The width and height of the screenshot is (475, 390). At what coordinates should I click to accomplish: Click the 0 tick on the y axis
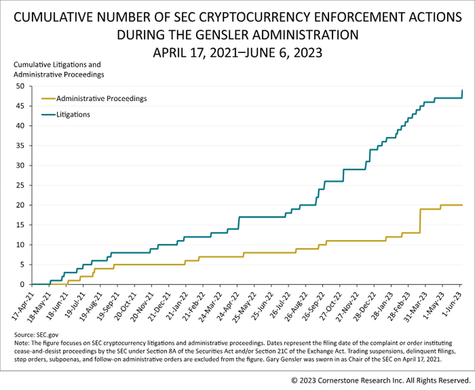23,284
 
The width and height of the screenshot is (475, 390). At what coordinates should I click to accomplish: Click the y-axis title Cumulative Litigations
57,65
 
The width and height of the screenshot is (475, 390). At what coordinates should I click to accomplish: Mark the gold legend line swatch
49,98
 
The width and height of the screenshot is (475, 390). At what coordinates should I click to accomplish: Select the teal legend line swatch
49,115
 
